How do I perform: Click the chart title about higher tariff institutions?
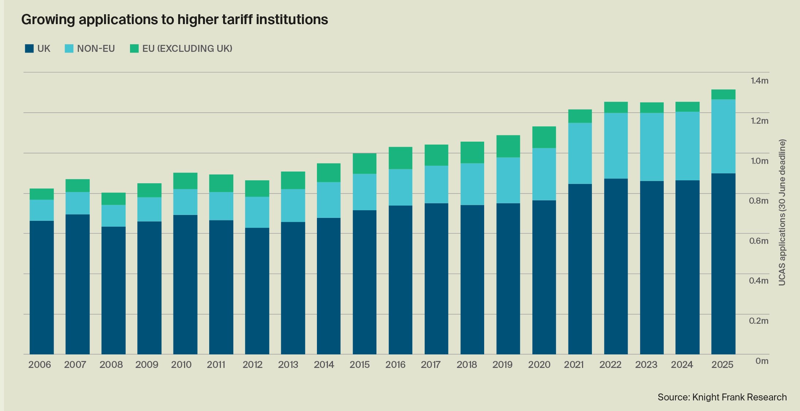(175, 20)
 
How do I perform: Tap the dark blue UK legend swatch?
(29, 49)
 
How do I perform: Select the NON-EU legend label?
(96, 49)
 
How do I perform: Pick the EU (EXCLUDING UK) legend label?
(187, 49)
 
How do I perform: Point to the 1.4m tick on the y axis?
(759, 81)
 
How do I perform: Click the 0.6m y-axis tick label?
(758, 241)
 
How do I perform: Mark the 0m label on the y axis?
(762, 361)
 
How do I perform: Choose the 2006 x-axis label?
(40, 365)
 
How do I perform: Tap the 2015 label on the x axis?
(360, 365)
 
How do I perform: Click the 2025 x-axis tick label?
(722, 365)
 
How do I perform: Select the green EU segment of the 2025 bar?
(723, 95)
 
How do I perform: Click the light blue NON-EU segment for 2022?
(616, 146)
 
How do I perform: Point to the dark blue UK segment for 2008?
(113, 290)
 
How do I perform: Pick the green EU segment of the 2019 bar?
(508, 146)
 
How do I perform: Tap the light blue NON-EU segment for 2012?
(257, 212)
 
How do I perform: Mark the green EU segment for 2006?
(42, 194)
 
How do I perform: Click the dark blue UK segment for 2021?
(580, 269)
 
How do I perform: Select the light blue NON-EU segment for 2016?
(400, 187)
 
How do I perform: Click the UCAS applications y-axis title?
(782, 212)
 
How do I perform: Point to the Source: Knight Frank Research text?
(722, 397)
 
